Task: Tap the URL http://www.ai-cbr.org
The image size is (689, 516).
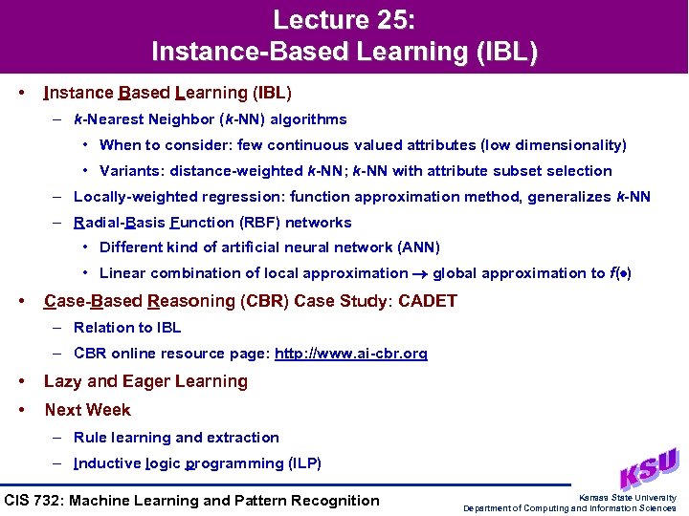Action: (350, 354)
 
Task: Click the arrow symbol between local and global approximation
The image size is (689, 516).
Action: (420, 274)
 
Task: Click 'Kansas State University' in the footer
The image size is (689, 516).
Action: (628, 497)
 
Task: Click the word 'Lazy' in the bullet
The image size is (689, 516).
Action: (62, 381)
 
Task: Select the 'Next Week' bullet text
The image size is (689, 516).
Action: (87, 410)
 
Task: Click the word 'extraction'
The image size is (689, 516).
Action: (244, 438)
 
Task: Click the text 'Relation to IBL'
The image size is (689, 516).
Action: (127, 328)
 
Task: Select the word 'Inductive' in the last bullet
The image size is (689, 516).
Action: (106, 463)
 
